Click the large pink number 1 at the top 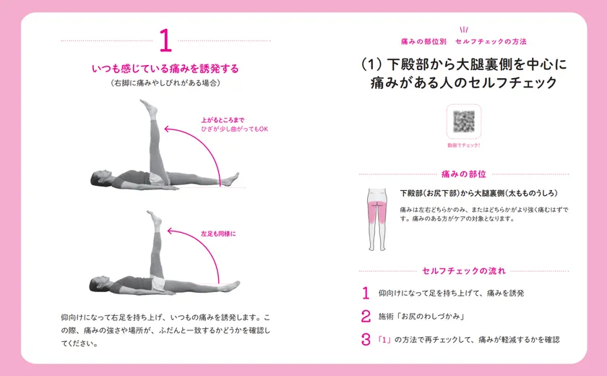[165, 40]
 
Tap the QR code [464, 121]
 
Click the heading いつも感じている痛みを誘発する [165, 69]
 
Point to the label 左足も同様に [218, 234]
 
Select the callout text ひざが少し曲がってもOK [234, 129]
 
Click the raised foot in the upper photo [149, 107]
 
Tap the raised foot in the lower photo [155, 219]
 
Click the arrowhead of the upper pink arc [167, 129]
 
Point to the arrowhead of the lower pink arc [170, 231]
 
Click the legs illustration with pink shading [376, 219]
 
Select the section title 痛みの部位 [464, 174]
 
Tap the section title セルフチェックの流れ [464, 271]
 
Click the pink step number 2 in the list [366, 317]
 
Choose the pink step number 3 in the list [366, 340]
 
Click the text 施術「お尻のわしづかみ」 [421, 317]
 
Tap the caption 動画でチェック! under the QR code [464, 145]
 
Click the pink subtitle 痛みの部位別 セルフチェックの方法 [464, 41]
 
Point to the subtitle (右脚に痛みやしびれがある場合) [165, 83]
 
